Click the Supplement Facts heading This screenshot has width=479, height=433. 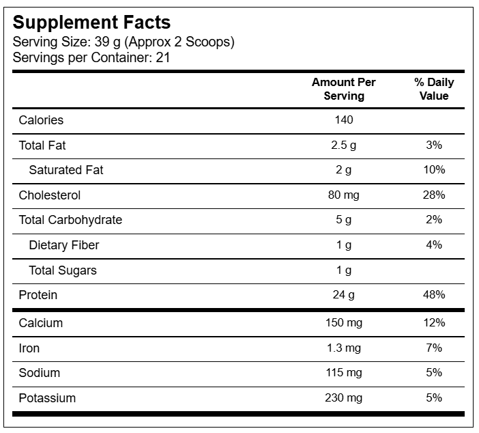91,23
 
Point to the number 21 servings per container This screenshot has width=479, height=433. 163,57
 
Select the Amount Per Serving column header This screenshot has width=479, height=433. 344,89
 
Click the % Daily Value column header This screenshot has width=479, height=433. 434,89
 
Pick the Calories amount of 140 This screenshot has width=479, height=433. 344,120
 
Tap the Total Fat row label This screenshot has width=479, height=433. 42,145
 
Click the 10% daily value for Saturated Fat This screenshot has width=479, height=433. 434,169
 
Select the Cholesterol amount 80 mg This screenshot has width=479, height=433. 344,195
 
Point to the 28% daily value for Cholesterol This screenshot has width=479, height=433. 434,195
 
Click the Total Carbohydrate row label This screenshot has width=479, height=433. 70,220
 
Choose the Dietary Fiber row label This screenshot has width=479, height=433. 64,245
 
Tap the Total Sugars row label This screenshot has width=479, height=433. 63,270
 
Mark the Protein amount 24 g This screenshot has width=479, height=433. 344,295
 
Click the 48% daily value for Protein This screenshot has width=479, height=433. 434,294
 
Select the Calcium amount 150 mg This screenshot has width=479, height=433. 344,323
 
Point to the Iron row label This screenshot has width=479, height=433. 29,348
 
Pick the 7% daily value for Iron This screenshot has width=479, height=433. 434,348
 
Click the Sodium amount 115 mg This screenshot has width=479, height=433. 344,373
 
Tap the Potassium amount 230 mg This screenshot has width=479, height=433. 344,398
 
